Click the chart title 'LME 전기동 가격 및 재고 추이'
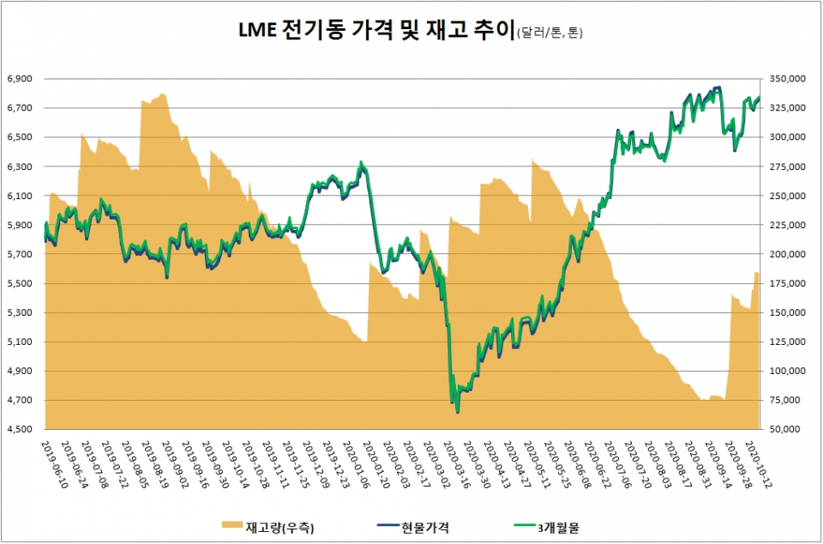(x=375, y=33)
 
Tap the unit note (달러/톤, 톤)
(x=552, y=34)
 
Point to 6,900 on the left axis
(x=21, y=78)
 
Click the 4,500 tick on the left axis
(x=21, y=429)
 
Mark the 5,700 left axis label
(x=21, y=254)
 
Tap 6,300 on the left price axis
(x=21, y=166)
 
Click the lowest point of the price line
(x=458, y=413)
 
